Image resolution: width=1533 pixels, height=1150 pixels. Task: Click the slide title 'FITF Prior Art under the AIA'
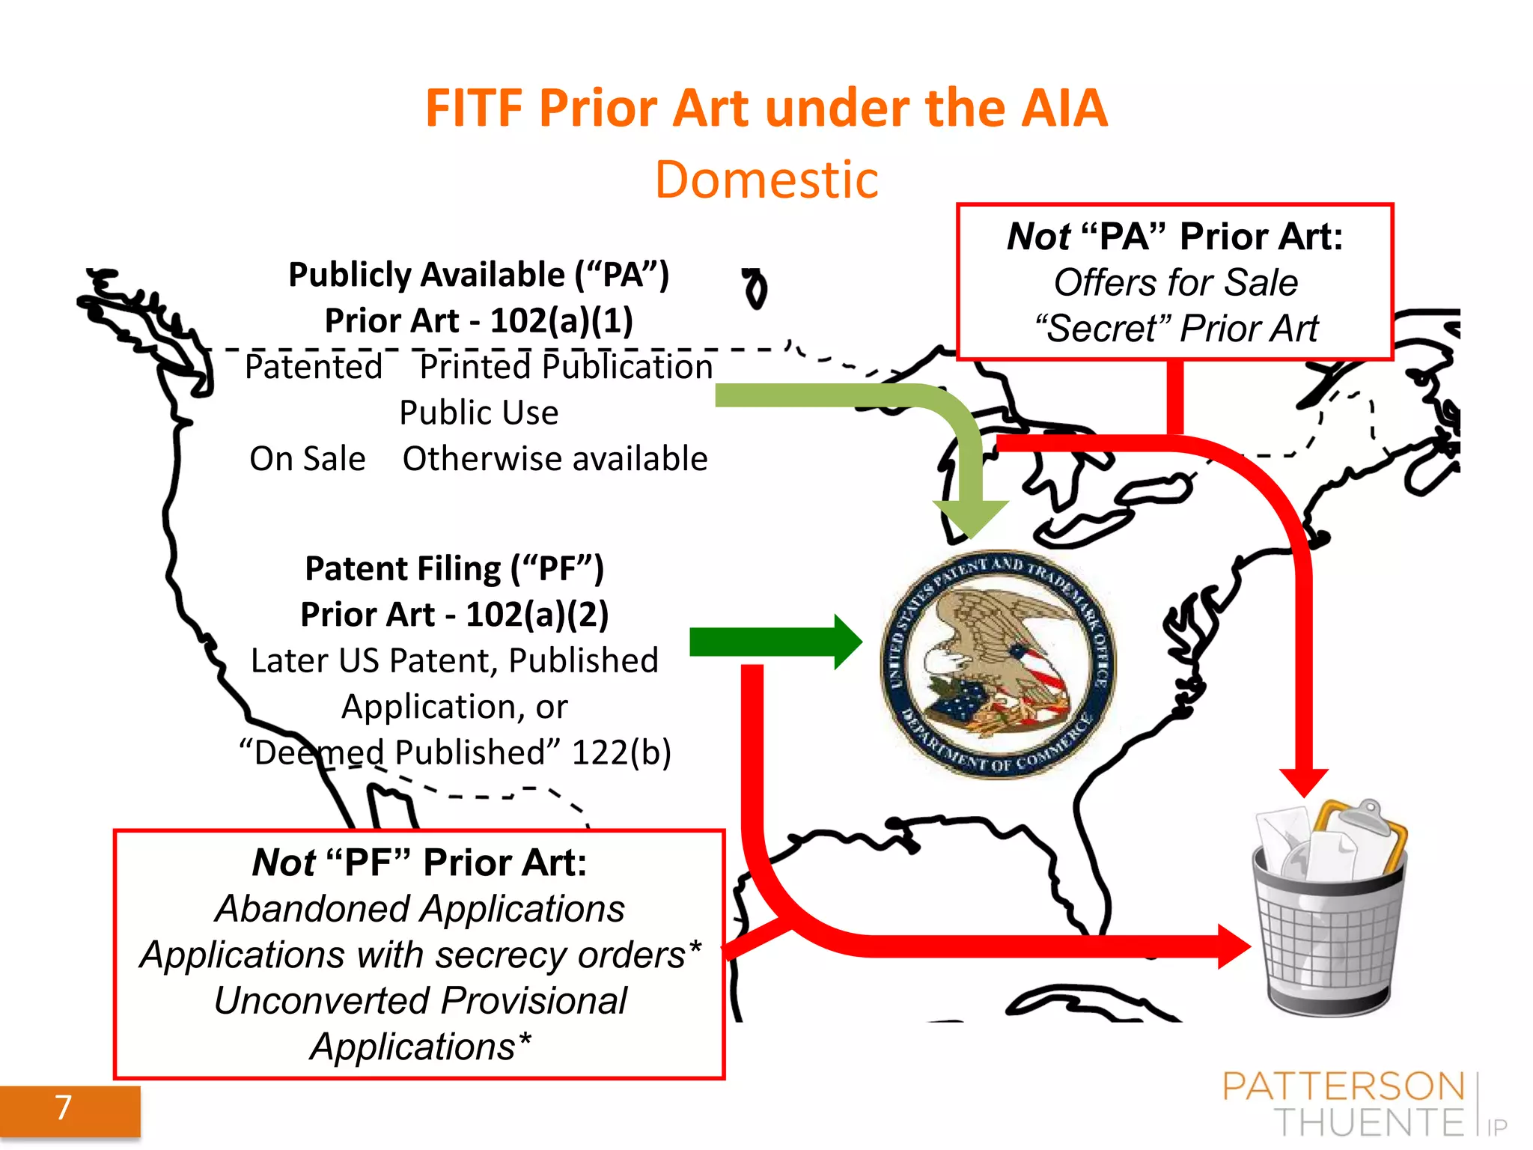coord(766,109)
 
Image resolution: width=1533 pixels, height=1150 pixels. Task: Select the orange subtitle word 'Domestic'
coord(766,180)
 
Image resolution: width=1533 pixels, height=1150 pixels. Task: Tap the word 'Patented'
coord(314,367)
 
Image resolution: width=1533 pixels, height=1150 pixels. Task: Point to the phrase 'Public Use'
coord(478,413)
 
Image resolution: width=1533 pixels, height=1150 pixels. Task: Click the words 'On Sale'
coord(308,458)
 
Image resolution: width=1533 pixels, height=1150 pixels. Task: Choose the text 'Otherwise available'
coord(555,458)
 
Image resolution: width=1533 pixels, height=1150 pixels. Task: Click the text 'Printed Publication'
coord(566,367)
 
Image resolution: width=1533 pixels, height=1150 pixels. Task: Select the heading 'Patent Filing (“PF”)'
coord(454,568)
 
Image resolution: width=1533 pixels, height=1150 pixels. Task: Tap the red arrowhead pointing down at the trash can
coord(1303,782)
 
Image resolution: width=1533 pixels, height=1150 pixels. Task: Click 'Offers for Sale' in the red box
coord(1175,283)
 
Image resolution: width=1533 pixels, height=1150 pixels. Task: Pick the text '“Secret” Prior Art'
coord(1175,329)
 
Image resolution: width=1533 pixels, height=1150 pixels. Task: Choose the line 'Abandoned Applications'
coord(419,909)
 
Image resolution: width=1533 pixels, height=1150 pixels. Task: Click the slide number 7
coord(64,1107)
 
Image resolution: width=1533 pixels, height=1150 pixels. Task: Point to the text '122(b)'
coord(621,752)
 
